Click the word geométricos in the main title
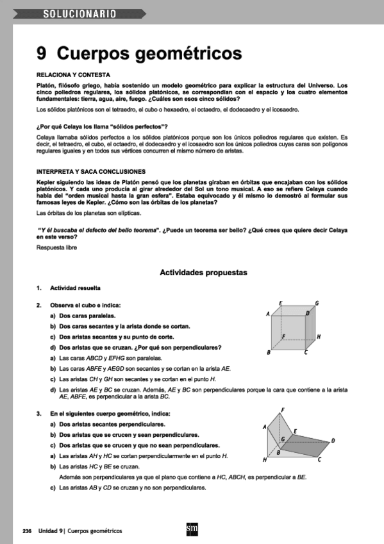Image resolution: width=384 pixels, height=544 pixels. pyautogui.click(x=187, y=53)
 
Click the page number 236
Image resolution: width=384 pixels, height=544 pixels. pyautogui.click(x=27, y=531)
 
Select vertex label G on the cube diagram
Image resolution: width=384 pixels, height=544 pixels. pyautogui.click(x=317, y=303)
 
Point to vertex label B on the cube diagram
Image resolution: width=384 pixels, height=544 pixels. pyautogui.click(x=269, y=353)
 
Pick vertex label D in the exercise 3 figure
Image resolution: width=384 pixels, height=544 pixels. pyautogui.click(x=333, y=440)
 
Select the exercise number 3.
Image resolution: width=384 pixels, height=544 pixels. pyautogui.click(x=39, y=414)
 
